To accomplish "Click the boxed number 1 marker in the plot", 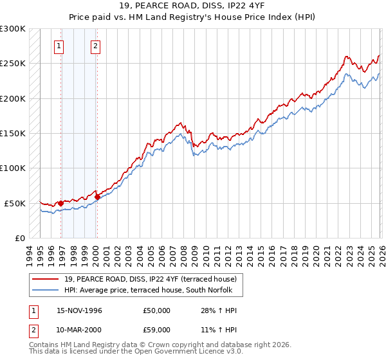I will pos(59,46).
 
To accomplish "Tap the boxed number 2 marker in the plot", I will pos(95,46).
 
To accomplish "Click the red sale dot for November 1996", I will pos(61,203).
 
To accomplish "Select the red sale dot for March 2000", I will pos(97,197).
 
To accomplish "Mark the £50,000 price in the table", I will pos(157,310).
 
